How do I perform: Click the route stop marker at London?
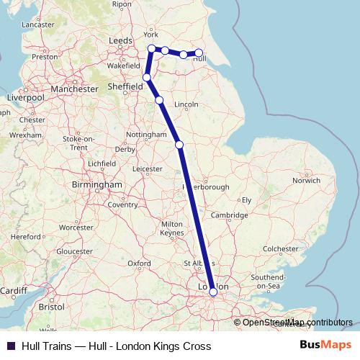coord(212,292)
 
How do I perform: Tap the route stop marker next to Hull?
coord(199,53)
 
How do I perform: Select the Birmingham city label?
coord(97,184)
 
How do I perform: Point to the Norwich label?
coord(306,181)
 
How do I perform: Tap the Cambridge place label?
coord(230,215)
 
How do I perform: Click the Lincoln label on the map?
coord(186,104)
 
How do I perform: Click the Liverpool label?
coord(24,96)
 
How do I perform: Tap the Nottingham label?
coord(145,135)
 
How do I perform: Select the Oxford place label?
coord(140,264)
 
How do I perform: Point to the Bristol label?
coord(52,306)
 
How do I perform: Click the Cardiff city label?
coord(13,291)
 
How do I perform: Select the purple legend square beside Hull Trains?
coord(10,346)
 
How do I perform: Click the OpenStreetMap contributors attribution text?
coord(298,322)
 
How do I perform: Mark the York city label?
coord(150,35)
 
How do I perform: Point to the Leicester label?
coord(147,169)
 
